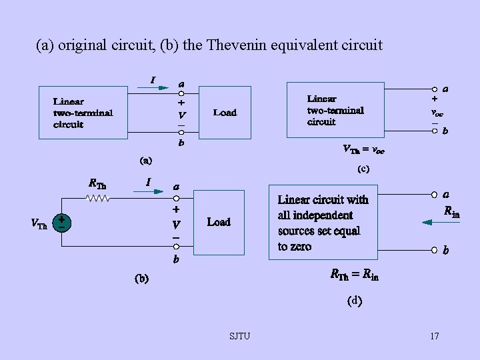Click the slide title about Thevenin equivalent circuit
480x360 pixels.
pyautogui.click(x=209, y=45)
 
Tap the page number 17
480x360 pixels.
pyautogui.click(x=434, y=336)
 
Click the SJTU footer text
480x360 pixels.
pyautogui.click(x=239, y=336)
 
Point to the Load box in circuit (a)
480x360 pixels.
pyautogui.click(x=225, y=112)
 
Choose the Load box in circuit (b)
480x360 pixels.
pyautogui.click(x=219, y=222)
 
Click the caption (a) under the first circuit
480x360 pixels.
pyautogui.click(x=145, y=160)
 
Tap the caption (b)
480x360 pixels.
pyautogui.click(x=141, y=278)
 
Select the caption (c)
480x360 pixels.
pyautogui.click(x=363, y=169)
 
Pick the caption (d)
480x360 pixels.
pyautogui.click(x=354, y=301)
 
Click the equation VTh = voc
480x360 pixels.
pyautogui.click(x=363, y=149)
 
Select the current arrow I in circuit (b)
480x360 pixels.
pyautogui.click(x=149, y=190)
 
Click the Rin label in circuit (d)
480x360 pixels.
pyautogui.click(x=451, y=212)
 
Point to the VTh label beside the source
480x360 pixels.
pyautogui.click(x=39, y=224)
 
